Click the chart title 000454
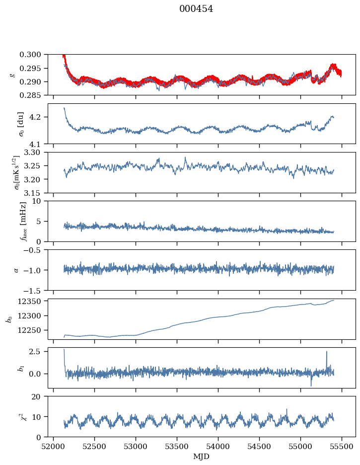(x=196, y=9)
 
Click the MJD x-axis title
(x=201, y=457)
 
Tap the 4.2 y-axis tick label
(x=39, y=117)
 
